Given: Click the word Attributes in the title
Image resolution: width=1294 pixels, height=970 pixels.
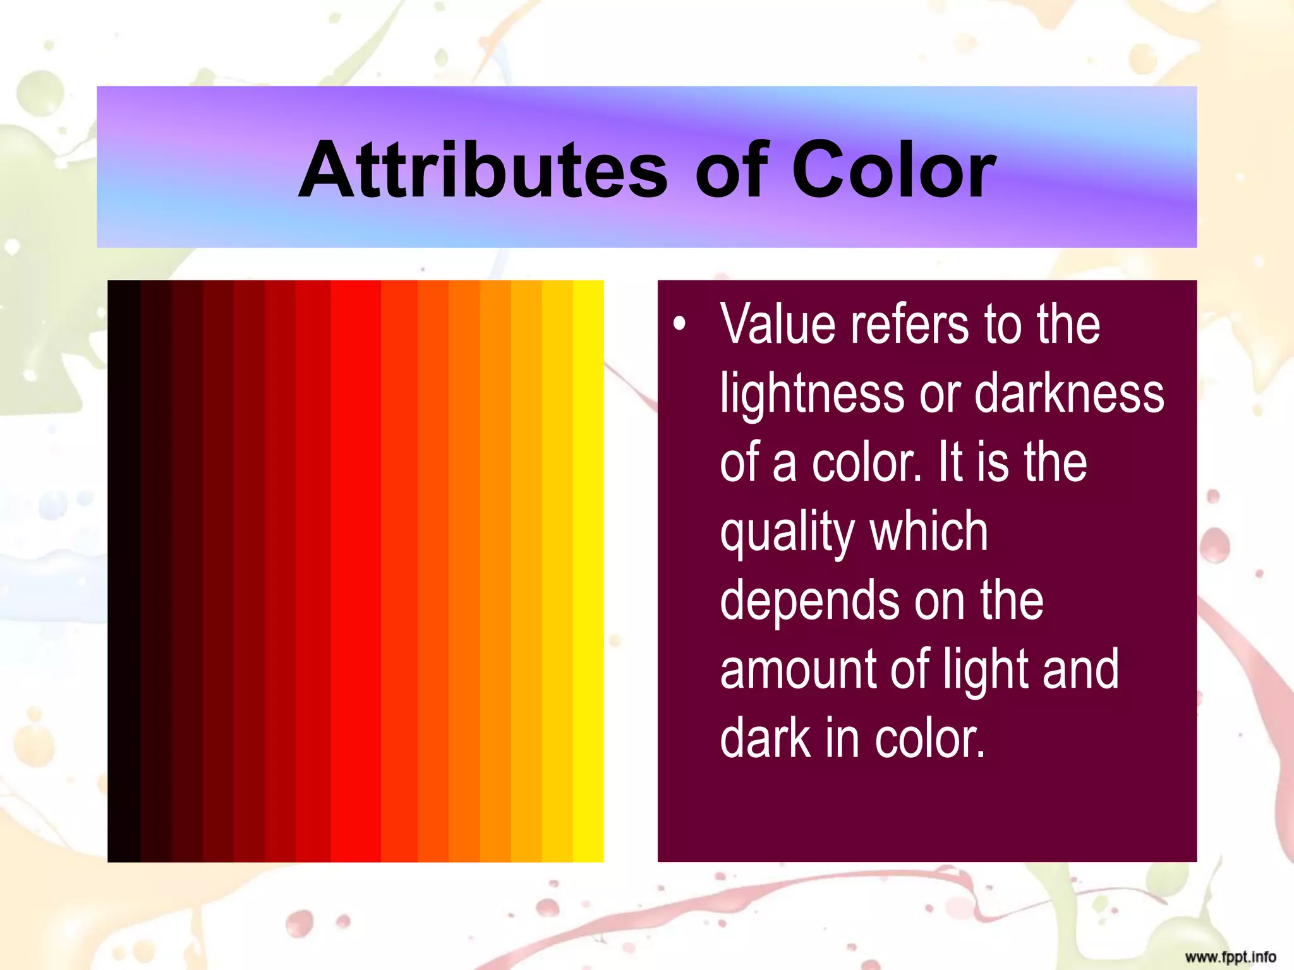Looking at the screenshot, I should click(x=483, y=170).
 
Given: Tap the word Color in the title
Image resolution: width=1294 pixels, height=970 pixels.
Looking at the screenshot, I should click(x=893, y=170).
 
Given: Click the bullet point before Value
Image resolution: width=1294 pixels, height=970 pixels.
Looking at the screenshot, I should click(x=679, y=324).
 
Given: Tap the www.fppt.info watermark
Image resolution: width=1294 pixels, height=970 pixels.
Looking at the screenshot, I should click(x=1230, y=957).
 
